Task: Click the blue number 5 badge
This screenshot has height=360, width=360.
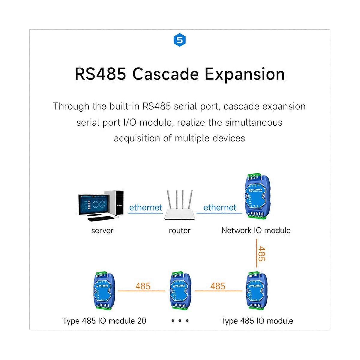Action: point(180,40)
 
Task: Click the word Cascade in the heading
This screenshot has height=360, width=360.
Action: point(165,74)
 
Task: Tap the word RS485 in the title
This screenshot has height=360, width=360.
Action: point(100,74)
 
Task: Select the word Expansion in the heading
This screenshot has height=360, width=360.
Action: point(244,74)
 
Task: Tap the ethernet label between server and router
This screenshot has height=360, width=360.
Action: point(145,207)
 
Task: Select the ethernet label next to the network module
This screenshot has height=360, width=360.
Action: point(220,207)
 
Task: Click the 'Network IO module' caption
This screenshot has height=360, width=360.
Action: point(256,230)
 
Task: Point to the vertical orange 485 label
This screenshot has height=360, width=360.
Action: point(261,254)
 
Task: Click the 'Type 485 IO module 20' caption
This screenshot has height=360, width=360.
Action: point(104,321)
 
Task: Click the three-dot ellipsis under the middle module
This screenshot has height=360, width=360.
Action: point(180,321)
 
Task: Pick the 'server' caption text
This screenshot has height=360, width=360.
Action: point(102,231)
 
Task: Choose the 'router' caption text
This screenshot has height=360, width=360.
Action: point(179,231)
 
